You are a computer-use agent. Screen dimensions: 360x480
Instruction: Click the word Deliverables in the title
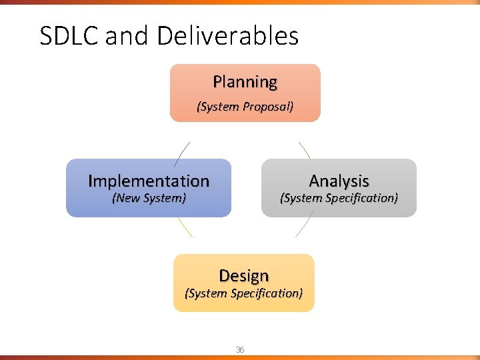(228, 36)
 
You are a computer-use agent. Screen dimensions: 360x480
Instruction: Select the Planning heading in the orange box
(245, 82)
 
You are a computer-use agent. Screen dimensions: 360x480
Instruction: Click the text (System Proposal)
(245, 107)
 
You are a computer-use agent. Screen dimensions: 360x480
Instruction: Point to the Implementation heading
(149, 181)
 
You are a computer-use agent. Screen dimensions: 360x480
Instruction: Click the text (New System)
(149, 198)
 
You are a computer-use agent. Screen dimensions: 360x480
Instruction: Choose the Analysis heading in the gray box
(339, 181)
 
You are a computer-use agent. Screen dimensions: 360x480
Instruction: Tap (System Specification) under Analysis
(339, 198)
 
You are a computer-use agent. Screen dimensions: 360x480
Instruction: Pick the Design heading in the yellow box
(243, 275)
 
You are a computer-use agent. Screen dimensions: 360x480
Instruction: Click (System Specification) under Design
(243, 293)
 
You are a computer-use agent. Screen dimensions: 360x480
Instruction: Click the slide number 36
(240, 350)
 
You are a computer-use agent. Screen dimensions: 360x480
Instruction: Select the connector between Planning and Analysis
(304, 149)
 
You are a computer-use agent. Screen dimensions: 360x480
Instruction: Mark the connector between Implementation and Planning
(182, 153)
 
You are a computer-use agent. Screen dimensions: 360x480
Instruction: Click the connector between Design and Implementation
(185, 227)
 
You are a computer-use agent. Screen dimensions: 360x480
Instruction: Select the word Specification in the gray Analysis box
(360, 198)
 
